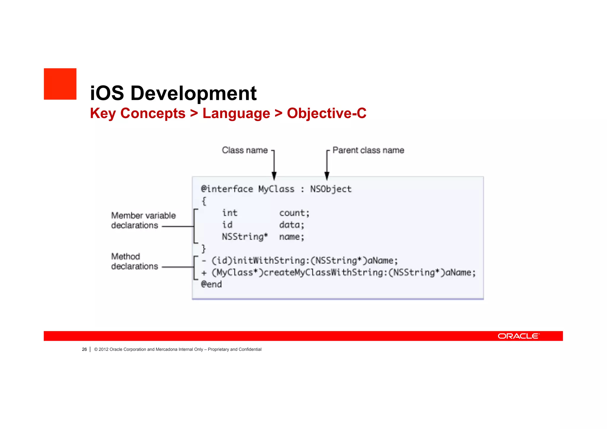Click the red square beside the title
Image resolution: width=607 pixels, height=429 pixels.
click(x=60, y=84)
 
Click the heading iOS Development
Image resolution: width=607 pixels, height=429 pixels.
click(x=173, y=93)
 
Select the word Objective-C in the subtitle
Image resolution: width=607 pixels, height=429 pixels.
click(x=326, y=113)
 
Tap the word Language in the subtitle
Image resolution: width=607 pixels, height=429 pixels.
click(x=236, y=114)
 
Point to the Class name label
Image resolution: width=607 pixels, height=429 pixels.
click(x=245, y=150)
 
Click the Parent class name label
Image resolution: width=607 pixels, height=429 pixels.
click(x=368, y=150)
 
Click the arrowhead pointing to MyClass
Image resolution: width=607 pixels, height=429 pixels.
click(x=274, y=176)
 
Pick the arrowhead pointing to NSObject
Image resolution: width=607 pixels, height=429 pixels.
click(x=327, y=176)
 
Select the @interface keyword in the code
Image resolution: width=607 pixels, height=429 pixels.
click(x=227, y=189)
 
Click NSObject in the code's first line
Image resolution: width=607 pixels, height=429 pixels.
click(x=331, y=189)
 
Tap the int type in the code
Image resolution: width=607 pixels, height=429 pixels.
click(x=230, y=213)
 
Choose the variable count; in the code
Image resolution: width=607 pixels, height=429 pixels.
click(x=294, y=213)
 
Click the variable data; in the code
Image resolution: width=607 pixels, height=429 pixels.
click(x=292, y=225)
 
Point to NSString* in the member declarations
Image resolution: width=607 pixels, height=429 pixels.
click(x=245, y=237)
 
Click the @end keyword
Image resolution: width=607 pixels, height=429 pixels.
click(x=211, y=284)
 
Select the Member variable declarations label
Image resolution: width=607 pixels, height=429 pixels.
click(x=143, y=220)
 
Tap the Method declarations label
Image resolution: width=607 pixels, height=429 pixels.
click(x=135, y=261)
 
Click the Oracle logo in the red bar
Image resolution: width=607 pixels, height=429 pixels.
click(x=518, y=336)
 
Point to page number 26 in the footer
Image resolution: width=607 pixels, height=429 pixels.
click(x=84, y=349)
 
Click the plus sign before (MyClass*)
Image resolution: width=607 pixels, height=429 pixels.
click(x=204, y=273)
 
